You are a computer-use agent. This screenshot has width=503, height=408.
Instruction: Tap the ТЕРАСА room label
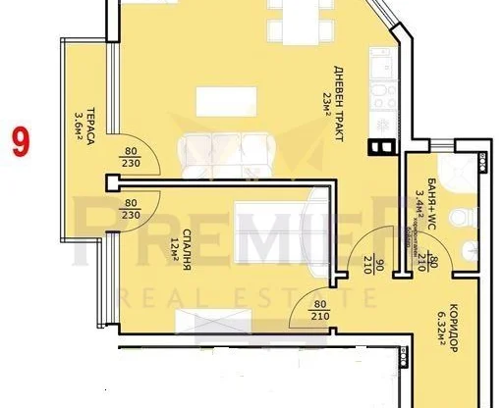tap(89, 127)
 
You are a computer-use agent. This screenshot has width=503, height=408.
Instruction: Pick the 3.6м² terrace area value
tap(77, 126)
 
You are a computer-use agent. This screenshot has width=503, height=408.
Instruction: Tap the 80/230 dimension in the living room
tap(131, 158)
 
